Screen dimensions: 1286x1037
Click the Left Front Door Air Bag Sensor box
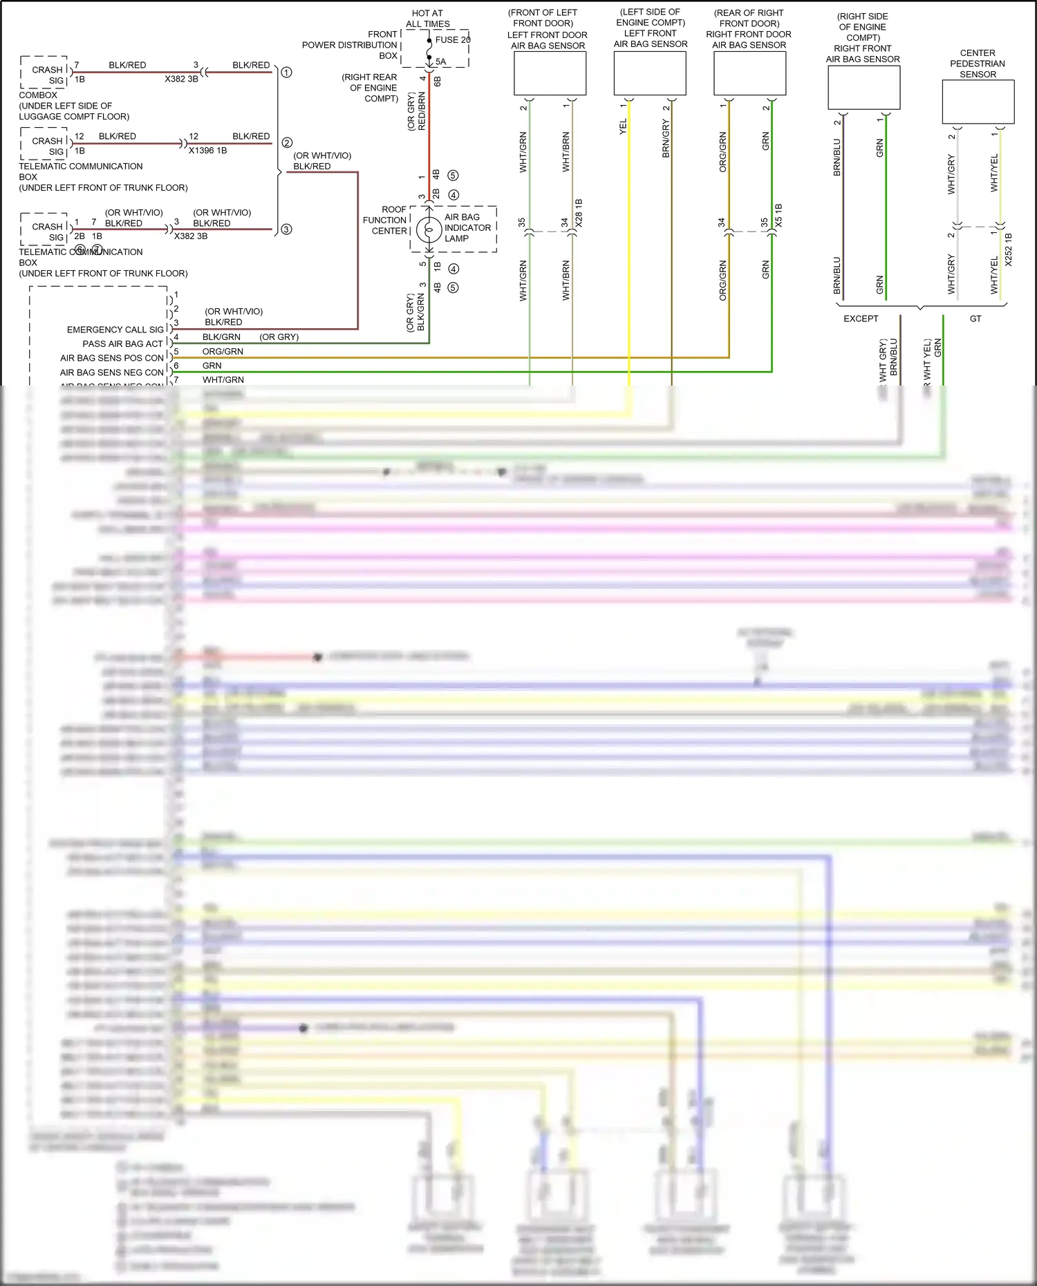[550, 73]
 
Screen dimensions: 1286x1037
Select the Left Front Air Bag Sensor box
[650, 73]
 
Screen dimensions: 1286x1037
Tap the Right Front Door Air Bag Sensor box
[749, 73]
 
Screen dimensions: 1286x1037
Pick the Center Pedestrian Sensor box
[978, 102]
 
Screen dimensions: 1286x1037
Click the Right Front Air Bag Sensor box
[863, 87]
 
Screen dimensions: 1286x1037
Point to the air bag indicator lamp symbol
[429, 229]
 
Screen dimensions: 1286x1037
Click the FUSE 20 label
[453, 40]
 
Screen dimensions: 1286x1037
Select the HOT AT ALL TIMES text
[427, 19]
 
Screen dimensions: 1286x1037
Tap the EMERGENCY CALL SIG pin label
[115, 330]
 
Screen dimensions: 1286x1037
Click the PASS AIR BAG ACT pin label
[122, 343]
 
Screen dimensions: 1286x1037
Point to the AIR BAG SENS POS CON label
[112, 358]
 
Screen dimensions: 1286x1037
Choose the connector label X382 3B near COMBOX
[181, 79]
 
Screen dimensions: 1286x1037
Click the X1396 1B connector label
[207, 150]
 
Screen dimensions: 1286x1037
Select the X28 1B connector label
[579, 214]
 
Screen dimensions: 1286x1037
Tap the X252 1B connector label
[1008, 249]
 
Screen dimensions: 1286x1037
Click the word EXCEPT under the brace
[861, 319]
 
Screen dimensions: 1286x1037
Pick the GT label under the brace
[975, 319]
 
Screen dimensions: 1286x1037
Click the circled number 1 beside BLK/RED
[286, 72]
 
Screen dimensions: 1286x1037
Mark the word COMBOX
[38, 95]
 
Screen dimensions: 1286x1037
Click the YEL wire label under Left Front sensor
[623, 126]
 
